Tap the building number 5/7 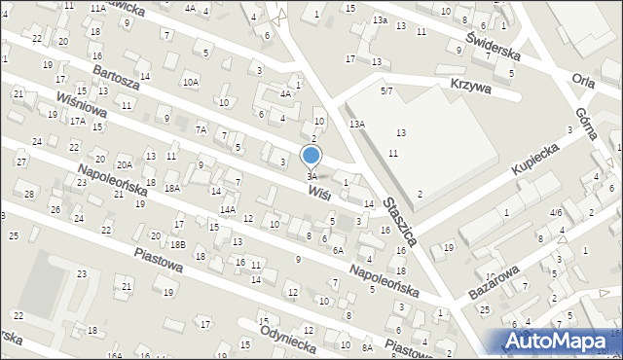pos(386,90)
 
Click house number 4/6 pos(555,211)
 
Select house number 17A pos(77,122)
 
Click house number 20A pos(125,165)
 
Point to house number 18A pos(172,188)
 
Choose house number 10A pos(191,83)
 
